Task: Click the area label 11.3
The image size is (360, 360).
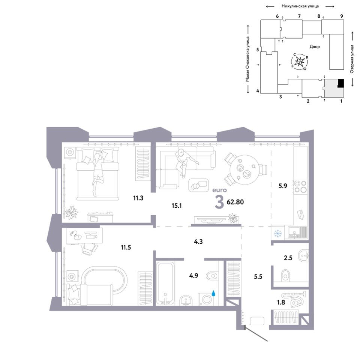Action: coord(138,198)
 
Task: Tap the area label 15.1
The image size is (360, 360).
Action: coord(177,205)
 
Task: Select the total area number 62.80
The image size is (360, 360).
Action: coord(235,202)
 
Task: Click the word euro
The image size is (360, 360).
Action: coord(219,190)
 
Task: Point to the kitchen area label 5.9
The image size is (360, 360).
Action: coord(283,186)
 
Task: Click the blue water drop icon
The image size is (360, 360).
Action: coord(213,293)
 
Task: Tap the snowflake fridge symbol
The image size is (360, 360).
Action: coord(278,234)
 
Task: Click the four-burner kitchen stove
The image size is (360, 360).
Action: coord(300,186)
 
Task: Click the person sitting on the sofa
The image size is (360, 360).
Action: coord(184,162)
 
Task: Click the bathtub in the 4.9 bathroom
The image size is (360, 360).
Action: coord(165,284)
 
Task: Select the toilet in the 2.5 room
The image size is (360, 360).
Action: coord(286,275)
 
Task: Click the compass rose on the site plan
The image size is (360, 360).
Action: coord(300,61)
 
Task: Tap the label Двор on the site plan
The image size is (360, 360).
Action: coord(315,46)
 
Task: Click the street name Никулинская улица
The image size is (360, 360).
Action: coord(300,6)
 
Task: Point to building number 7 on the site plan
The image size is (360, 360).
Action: coord(299,16)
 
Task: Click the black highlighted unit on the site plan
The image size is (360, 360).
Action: coord(341,83)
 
